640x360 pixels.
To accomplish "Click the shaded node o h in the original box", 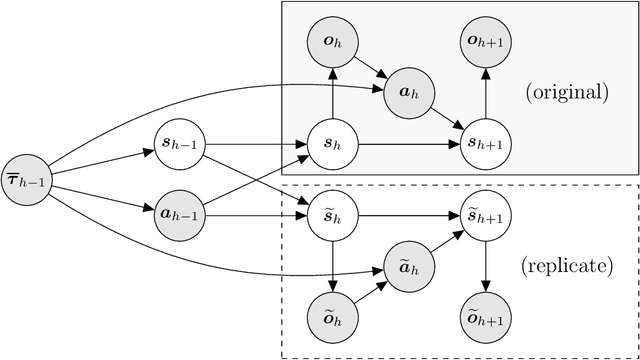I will click(x=332, y=43).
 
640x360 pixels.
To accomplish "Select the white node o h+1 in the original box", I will click(x=486, y=43).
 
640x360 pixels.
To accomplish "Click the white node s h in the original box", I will click(x=332, y=145).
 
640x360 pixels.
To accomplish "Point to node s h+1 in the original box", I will click(x=486, y=145).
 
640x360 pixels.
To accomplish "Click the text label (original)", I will click(x=566, y=93).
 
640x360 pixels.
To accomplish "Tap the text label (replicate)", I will click(x=567, y=266).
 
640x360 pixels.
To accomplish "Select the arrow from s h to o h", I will click(x=332, y=95).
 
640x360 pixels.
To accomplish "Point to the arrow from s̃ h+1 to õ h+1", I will click(x=486, y=267).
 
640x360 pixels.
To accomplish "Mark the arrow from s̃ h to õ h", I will click(x=332, y=267).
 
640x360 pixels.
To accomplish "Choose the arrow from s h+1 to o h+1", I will click(x=486, y=95).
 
